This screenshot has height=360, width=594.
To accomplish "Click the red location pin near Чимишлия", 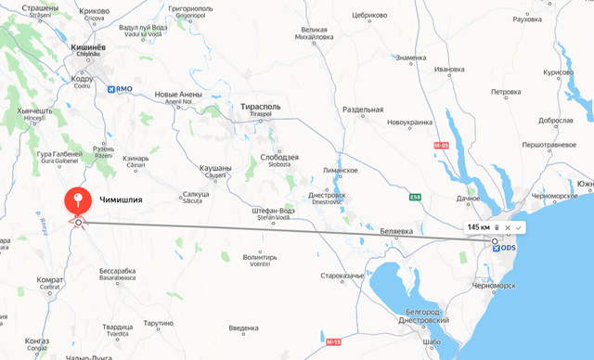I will coord(77,200).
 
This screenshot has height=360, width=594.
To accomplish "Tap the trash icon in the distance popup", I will coord(497,227).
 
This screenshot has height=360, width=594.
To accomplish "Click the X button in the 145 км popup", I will coord(508,227).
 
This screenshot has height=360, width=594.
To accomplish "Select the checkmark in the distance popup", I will coord(519,227).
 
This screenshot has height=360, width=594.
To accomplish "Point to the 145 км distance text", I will coord(479,227).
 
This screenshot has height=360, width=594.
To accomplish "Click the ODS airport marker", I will coord(504,249).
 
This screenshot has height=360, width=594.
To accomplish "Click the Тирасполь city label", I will coord(261,107).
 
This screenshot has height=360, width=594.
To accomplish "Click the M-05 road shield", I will coord(441,146).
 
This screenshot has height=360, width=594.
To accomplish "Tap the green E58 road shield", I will coord(414,197).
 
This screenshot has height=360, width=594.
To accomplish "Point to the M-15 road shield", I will coord(334,341).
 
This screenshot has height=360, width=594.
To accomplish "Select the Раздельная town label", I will coord(363,109).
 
